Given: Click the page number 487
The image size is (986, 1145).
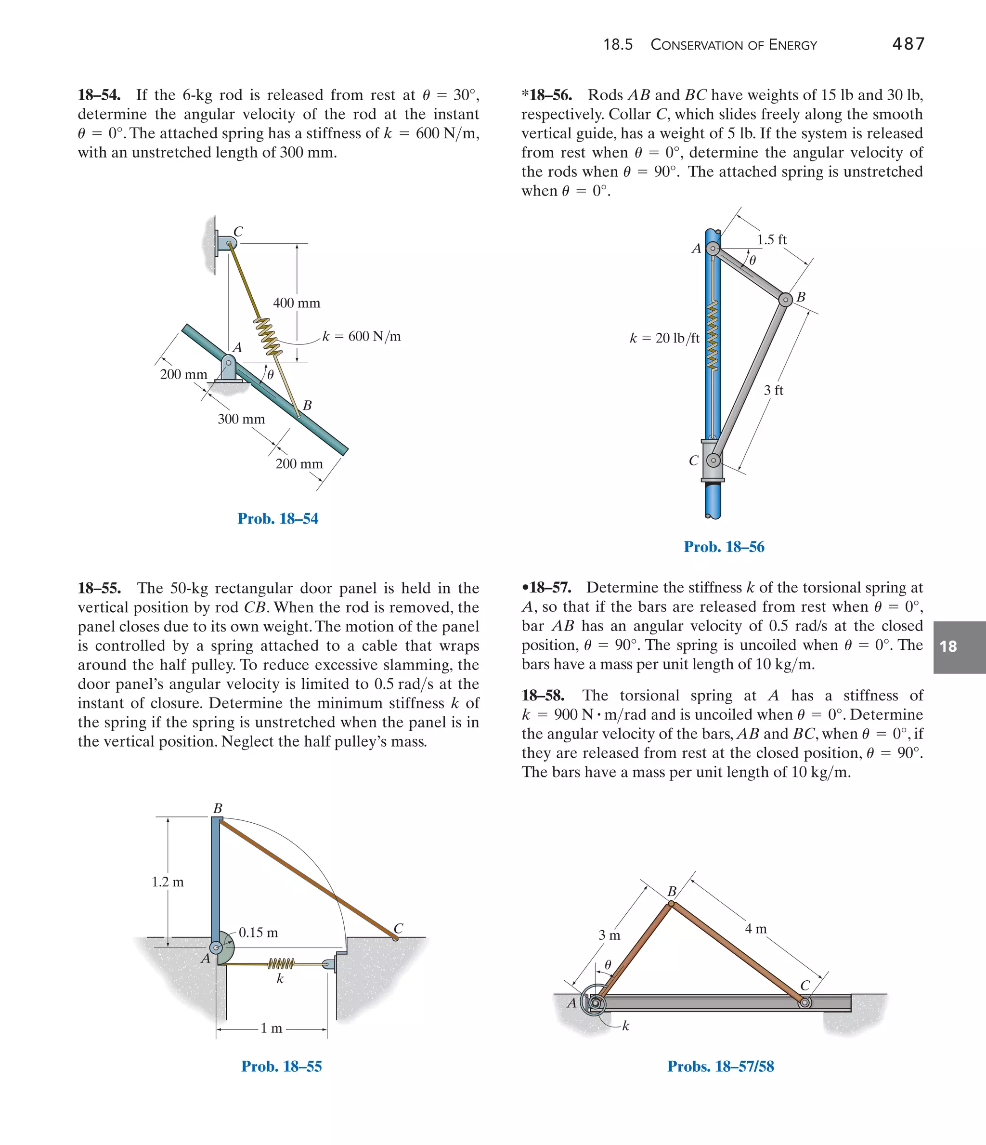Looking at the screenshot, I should [908, 44].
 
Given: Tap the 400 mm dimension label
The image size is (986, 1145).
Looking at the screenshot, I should [297, 303].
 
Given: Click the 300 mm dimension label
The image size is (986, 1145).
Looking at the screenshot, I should [241, 419].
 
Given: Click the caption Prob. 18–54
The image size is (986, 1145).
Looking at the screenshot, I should [278, 518].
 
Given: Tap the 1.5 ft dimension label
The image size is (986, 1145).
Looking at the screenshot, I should [771, 239].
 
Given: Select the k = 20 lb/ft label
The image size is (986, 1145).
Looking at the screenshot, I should [664, 338].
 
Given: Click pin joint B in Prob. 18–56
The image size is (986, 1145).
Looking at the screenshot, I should [785, 300].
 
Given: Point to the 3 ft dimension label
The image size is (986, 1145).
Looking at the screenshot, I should [773, 390].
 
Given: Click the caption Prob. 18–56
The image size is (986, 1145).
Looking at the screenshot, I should [724, 547].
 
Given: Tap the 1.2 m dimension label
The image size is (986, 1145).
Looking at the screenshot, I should [168, 882].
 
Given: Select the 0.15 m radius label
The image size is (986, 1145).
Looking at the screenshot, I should [258, 932].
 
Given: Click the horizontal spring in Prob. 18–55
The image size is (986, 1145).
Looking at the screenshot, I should [281, 964].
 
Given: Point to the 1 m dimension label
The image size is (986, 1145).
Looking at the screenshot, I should [271, 1028].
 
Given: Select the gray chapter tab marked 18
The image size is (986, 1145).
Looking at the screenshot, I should [959, 646].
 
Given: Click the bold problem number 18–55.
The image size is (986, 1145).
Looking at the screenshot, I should [100, 588].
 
